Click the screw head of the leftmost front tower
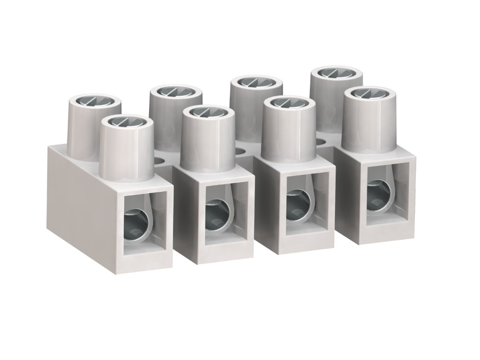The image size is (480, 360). click(127, 122)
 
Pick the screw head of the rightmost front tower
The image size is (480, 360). click(367, 93)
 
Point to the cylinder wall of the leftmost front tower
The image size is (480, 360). click(127, 155)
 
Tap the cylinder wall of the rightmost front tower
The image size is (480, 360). click(367, 124)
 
